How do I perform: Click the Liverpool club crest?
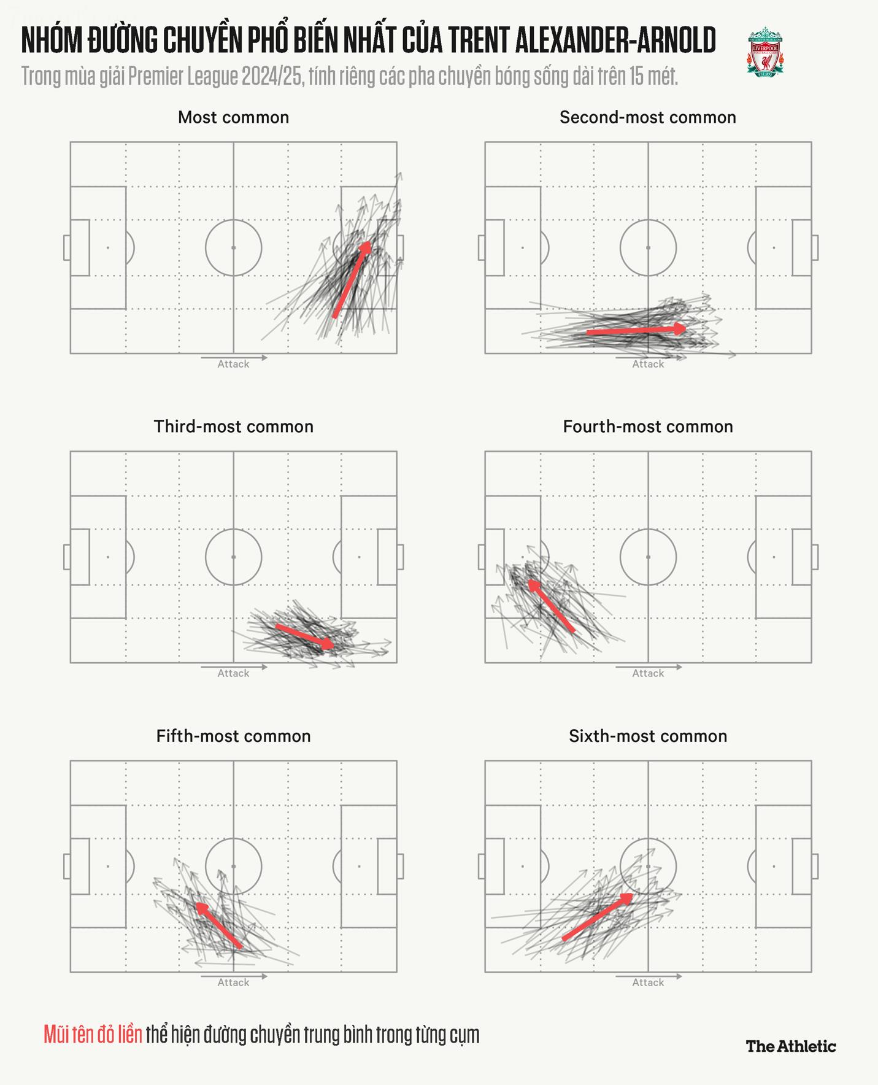(764, 52)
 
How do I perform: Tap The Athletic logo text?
(790, 1046)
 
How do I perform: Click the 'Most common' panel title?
(233, 117)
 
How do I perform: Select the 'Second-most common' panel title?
(647, 117)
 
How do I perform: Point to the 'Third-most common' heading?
(233, 427)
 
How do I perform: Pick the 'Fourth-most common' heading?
(647, 427)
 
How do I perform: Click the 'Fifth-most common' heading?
(233, 736)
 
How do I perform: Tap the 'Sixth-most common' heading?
(647, 736)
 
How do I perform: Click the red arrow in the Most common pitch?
(352, 280)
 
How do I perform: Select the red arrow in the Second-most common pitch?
(636, 331)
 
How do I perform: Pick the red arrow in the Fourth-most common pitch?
(551, 606)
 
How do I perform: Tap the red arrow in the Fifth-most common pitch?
(218, 925)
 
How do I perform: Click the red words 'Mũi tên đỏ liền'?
(93, 1035)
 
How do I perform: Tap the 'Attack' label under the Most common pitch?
(233, 364)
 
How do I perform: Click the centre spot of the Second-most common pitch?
(648, 248)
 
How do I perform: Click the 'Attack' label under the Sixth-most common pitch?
(648, 983)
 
